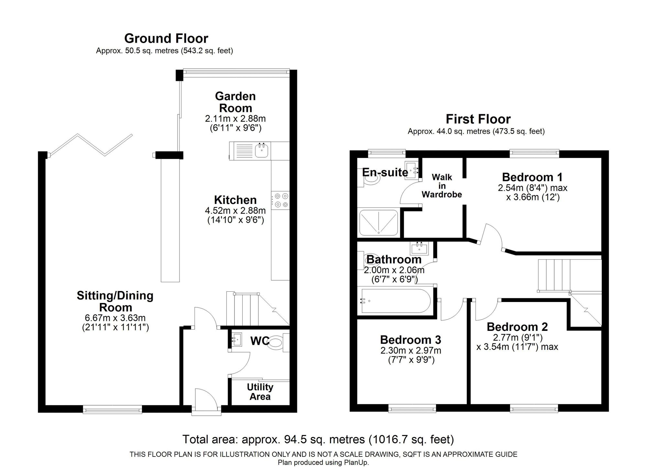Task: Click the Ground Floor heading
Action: tap(166, 39)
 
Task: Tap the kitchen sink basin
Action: tap(262, 151)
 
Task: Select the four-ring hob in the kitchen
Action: tap(280, 200)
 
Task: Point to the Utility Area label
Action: tap(260, 392)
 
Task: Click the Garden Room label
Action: tap(236, 102)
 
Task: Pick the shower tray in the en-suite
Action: tap(378, 223)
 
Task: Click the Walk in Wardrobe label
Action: tap(442, 186)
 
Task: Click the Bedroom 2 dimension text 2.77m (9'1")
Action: tap(518, 338)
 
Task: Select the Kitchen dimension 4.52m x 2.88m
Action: tap(235, 210)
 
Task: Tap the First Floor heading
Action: tap(478, 119)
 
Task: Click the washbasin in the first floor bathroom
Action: tap(419, 248)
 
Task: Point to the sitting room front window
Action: tap(113, 410)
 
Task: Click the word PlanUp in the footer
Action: tap(357, 463)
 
